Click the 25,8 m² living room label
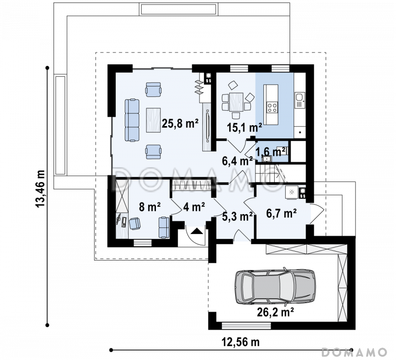[x=180, y=124]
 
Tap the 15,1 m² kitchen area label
[x=244, y=128]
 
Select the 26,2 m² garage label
[x=275, y=313]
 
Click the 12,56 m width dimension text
[x=241, y=342]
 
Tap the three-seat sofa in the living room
[x=132, y=120]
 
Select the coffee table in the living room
[x=153, y=120]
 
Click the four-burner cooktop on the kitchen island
[x=273, y=107]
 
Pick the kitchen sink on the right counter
[x=300, y=100]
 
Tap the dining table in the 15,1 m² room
[x=237, y=102]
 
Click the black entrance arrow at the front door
[x=197, y=230]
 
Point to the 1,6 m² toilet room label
[x=271, y=152]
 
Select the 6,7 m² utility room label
[x=281, y=214]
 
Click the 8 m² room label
[x=150, y=207]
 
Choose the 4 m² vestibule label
[x=194, y=207]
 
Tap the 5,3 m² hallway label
[x=238, y=216]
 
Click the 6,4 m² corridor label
[x=238, y=161]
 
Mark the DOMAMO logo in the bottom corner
[x=354, y=352]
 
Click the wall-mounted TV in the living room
[x=207, y=126]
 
